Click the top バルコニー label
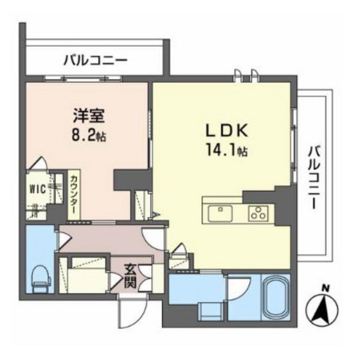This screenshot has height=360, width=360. (95, 62)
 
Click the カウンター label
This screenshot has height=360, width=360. (75, 195)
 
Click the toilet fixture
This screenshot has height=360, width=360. (39, 276)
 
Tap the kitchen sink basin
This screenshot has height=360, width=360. (219, 210)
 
